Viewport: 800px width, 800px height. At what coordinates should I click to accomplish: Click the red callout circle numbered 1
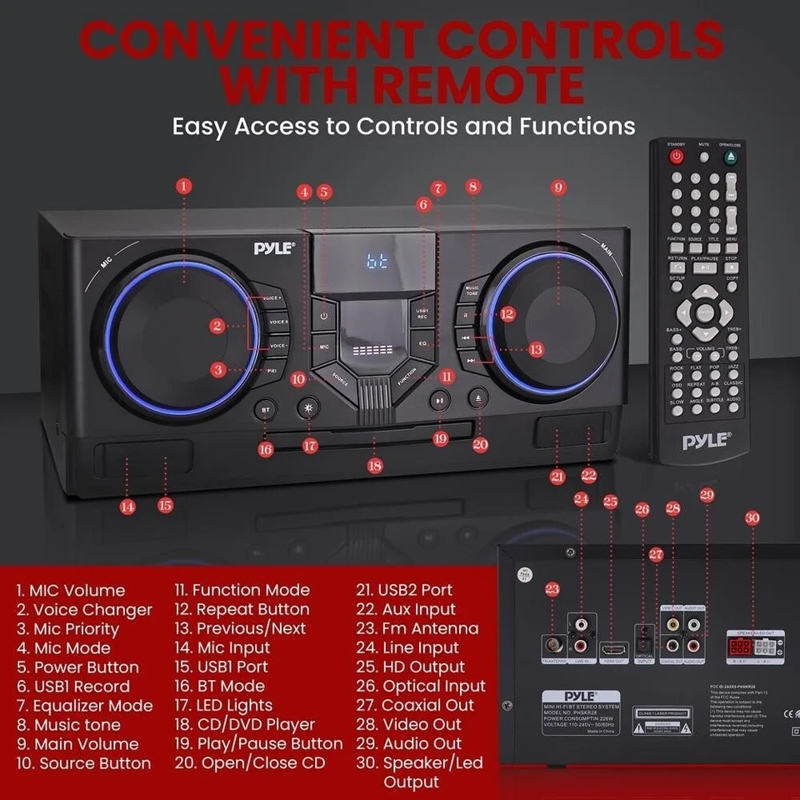[x=184, y=185]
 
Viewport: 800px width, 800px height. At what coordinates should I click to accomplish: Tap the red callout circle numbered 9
[x=557, y=186]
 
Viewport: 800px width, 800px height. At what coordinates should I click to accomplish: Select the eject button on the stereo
[x=477, y=398]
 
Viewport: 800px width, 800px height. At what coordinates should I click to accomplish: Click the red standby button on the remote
[x=676, y=156]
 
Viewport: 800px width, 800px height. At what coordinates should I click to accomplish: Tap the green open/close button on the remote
[x=731, y=156]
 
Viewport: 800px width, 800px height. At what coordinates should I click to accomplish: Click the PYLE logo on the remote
[x=705, y=441]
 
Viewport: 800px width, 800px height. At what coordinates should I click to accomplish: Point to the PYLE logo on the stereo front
[x=274, y=247]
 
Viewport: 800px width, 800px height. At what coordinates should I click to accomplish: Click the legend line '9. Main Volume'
[x=77, y=744]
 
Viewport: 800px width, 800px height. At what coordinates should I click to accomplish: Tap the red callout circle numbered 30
[x=752, y=518]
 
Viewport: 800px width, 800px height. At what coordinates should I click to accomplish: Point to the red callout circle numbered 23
[x=552, y=589]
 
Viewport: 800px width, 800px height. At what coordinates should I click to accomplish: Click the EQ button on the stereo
[x=422, y=342]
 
